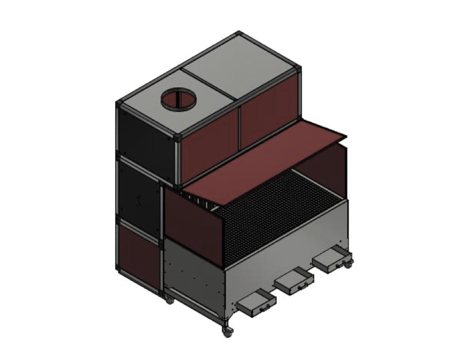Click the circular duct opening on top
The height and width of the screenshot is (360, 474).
click(x=179, y=101)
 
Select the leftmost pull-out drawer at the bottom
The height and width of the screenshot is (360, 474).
click(x=257, y=304)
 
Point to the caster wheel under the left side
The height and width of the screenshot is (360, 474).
click(x=169, y=300)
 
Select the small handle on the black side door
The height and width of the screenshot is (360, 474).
click(x=138, y=199)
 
